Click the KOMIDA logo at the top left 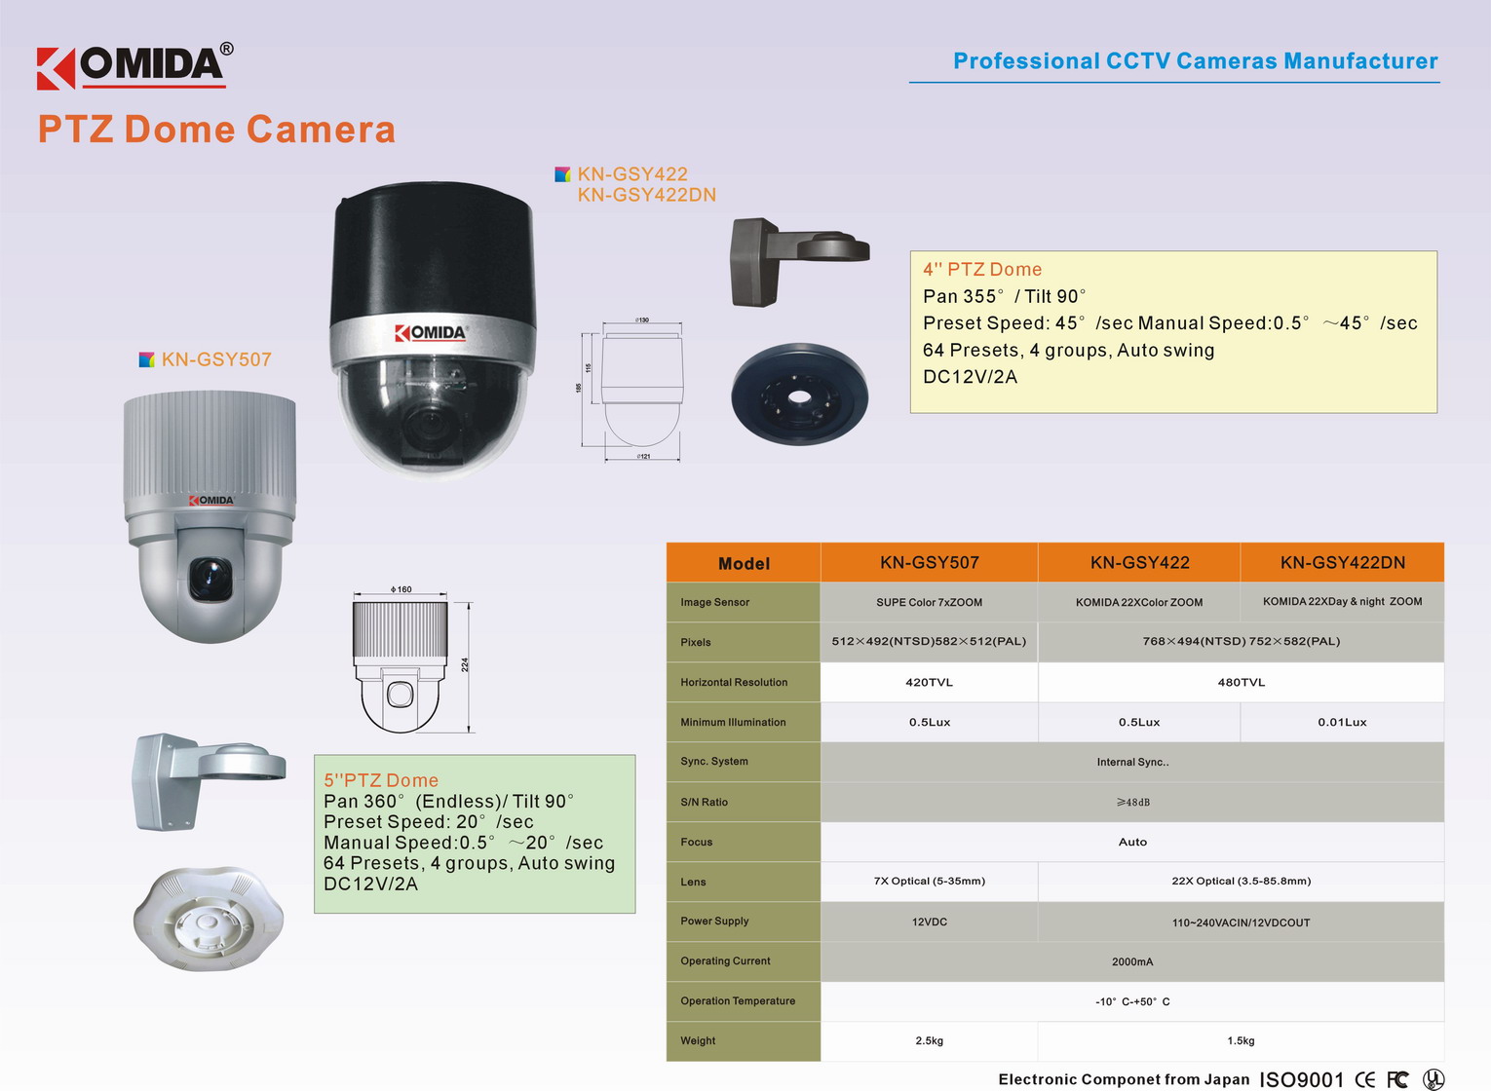[134, 66]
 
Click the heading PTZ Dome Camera [216, 130]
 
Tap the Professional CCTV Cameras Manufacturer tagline [1195, 61]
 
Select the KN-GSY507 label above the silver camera [215, 359]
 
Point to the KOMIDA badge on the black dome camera [431, 333]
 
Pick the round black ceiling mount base [799, 395]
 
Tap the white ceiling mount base [208, 919]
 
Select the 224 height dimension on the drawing [466, 664]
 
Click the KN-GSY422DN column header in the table [1342, 563]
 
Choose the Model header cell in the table [744, 564]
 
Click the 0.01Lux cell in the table [1342, 723]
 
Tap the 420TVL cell [929, 683]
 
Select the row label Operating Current [725, 961]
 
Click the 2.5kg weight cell [929, 1041]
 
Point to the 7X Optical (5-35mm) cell [929, 882]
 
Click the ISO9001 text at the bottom [1301, 1079]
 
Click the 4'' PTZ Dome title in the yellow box [982, 270]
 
